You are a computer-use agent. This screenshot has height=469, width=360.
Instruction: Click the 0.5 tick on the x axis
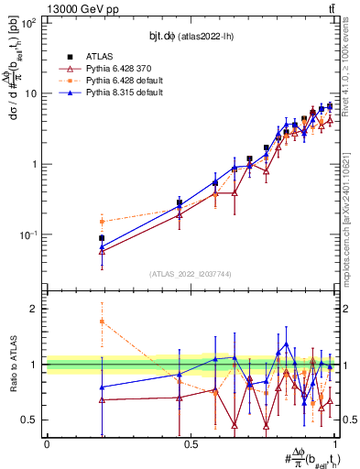(191, 444)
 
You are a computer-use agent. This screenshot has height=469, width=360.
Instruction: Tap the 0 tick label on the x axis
(47, 444)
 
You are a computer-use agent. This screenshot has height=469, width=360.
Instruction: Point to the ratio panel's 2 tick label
(34, 309)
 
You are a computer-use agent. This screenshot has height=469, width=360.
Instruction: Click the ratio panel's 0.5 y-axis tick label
(29, 420)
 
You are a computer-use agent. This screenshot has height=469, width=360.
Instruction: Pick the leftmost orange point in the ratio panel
(102, 322)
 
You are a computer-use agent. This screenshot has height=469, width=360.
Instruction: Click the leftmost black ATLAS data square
(102, 238)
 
